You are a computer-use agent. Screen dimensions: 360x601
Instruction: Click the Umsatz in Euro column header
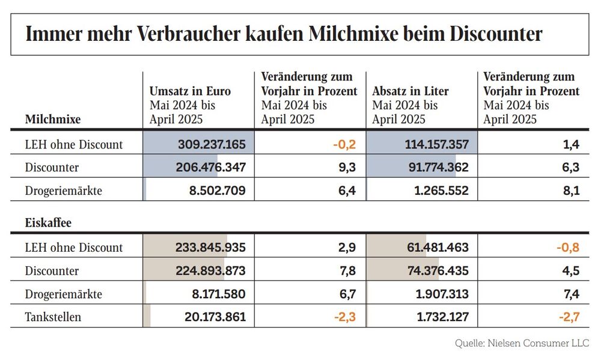point(190,91)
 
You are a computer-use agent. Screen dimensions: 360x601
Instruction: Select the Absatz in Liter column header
point(410,91)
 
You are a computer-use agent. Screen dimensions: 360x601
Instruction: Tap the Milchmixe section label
point(53,119)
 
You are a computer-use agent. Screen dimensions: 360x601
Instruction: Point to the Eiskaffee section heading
point(48,223)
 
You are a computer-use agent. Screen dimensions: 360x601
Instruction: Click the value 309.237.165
point(212,144)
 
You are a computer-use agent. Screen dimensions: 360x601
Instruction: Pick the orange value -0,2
point(346,144)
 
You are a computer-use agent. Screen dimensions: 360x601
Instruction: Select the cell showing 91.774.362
point(435,168)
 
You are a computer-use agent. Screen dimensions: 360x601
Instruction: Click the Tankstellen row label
point(53,316)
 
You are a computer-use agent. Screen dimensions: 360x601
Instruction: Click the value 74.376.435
point(435,270)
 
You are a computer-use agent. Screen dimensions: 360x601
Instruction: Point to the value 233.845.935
point(211,247)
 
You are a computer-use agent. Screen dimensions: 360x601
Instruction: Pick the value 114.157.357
point(433,144)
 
